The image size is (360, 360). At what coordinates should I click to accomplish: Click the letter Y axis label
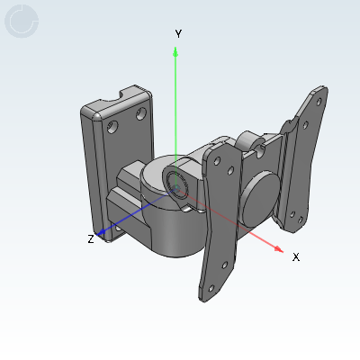click(x=178, y=34)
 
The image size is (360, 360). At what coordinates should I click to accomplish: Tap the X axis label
click(x=296, y=257)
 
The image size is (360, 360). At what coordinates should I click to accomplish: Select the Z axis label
click(x=91, y=239)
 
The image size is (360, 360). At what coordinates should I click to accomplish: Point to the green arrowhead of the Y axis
click(x=175, y=51)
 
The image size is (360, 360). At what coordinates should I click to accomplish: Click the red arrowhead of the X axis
click(x=278, y=249)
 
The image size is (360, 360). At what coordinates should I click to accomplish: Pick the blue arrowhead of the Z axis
click(x=101, y=231)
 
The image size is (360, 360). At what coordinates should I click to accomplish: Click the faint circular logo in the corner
click(x=22, y=21)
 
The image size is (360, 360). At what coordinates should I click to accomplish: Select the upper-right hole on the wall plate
click(x=141, y=113)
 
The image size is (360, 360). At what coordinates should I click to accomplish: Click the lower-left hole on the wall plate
click(x=112, y=127)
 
